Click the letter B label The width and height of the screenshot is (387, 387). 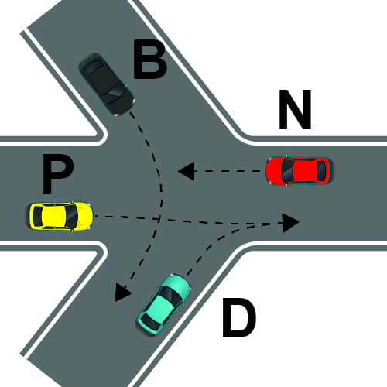click(x=150, y=60)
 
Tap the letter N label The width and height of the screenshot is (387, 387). click(x=295, y=109)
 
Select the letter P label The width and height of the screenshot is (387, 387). click(x=57, y=173)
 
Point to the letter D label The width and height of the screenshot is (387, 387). click(x=239, y=317)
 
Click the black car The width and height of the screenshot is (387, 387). click(x=107, y=84)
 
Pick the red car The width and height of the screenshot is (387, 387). click(x=299, y=170)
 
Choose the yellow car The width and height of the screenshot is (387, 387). click(x=60, y=216)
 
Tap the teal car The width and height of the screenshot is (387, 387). click(x=164, y=304)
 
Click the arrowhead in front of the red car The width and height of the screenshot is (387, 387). click(x=187, y=171)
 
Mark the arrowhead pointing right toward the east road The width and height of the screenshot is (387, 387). click(x=291, y=222)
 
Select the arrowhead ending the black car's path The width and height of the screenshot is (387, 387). click(x=122, y=293)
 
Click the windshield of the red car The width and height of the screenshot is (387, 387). click(x=286, y=170)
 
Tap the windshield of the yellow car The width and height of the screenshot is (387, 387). click(x=71, y=216)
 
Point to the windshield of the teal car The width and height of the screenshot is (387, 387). click(x=171, y=295)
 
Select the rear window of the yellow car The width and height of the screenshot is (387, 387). click(x=38, y=216)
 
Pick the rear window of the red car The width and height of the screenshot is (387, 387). click(x=321, y=170)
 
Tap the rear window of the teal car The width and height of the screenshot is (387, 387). click(x=149, y=322)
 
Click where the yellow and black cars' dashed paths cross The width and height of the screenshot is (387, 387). click(x=158, y=219)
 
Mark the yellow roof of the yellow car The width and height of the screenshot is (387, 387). click(x=53, y=216)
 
